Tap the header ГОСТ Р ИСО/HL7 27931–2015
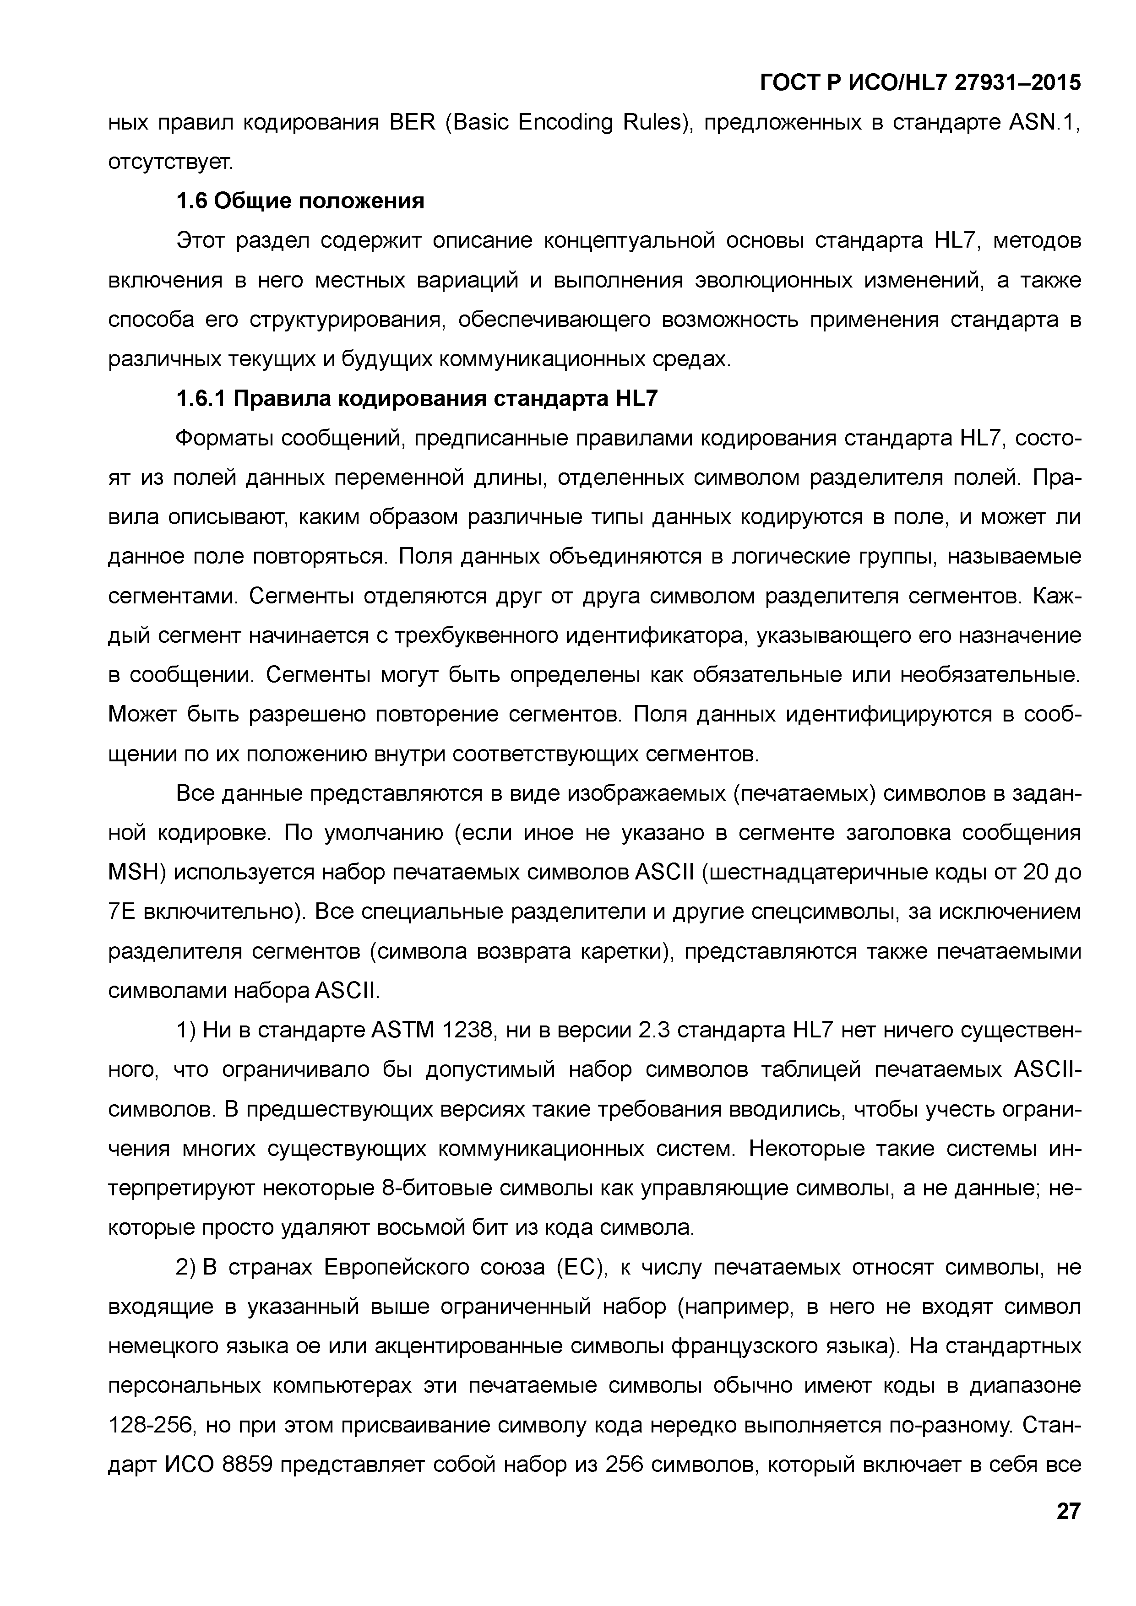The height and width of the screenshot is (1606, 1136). [920, 83]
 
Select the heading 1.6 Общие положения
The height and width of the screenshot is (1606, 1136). [300, 201]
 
